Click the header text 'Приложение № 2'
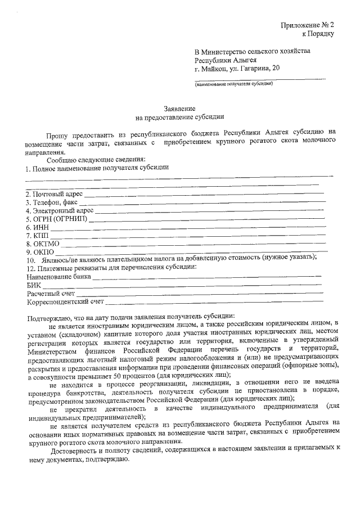point(308,26)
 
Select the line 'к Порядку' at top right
point(318,34)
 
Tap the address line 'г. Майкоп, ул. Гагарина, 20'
point(236,69)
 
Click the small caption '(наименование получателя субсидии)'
point(234,84)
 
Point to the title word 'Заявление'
point(180,108)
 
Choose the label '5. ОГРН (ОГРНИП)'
point(56,219)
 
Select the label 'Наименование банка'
point(58,277)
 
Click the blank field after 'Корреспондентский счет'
point(214,301)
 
